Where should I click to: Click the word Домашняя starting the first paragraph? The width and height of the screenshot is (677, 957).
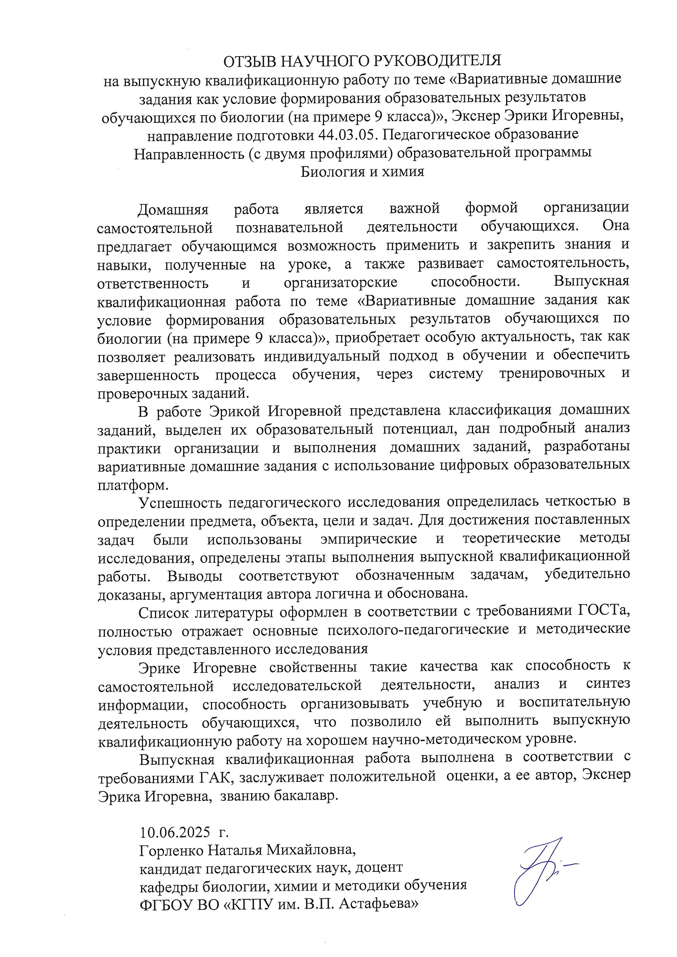pyautogui.click(x=173, y=208)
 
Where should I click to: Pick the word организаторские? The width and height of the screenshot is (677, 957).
pyautogui.click(x=341, y=282)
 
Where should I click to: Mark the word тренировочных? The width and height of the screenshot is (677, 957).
pyautogui.click(x=552, y=374)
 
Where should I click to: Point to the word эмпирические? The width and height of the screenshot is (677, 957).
pyautogui.click(x=369, y=539)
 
